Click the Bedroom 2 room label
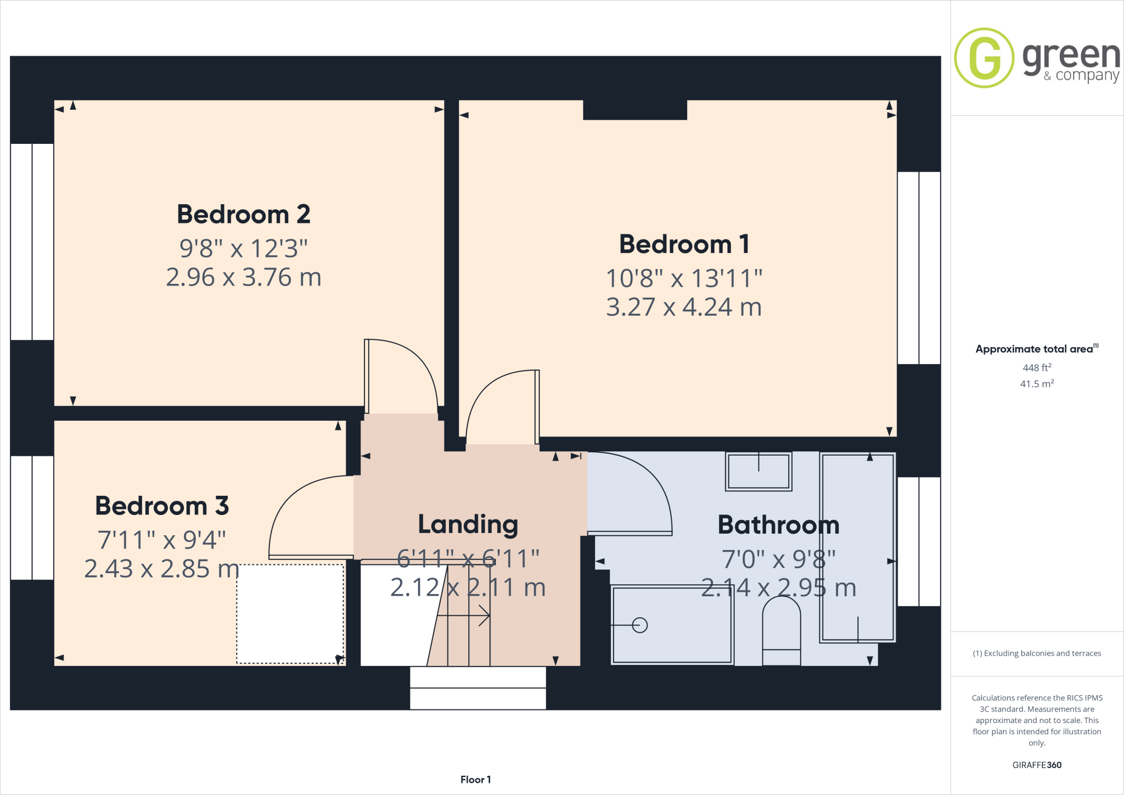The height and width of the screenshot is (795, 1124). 243,214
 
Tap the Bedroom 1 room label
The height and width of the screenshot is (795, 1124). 684,244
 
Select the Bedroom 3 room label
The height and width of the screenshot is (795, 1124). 162,506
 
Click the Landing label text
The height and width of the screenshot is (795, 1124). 468,524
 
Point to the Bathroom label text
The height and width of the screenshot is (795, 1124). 778,525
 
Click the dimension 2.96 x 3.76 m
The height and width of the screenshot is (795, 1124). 243,277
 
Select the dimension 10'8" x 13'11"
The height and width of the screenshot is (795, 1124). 684,278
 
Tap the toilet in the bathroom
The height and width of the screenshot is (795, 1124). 781,631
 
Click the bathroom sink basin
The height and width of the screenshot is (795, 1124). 758,471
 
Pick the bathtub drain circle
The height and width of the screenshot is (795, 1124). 640,625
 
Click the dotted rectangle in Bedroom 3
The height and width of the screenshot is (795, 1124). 290,614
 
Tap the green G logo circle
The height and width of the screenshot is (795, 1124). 984,58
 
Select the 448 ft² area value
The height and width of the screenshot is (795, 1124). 1037,368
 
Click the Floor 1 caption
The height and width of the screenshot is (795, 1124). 475,780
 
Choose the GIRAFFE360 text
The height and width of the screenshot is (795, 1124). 1037,765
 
